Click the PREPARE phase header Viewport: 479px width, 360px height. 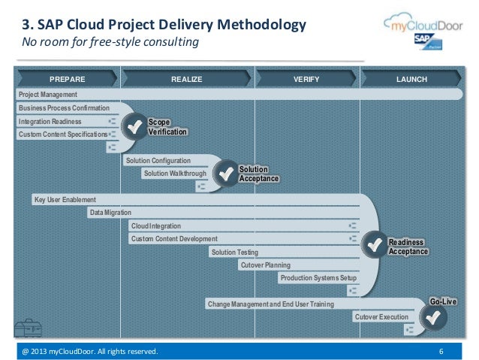click(x=67, y=79)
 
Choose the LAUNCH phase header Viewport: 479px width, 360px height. click(x=412, y=79)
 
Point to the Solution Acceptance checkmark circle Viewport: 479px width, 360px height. click(x=225, y=174)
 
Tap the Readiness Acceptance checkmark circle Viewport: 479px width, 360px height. click(x=374, y=244)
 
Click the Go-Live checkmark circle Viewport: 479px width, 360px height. click(x=432, y=317)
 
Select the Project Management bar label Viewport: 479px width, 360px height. click(x=48, y=95)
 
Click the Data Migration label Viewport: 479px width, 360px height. click(x=110, y=213)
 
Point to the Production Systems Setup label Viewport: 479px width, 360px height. click(x=318, y=278)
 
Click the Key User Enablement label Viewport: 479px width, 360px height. click(x=65, y=200)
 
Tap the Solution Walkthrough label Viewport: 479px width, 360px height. click(x=175, y=174)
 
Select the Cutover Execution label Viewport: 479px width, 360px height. click(x=381, y=317)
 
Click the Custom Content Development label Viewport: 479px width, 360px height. click(x=174, y=239)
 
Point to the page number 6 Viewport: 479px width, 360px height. click(x=441, y=352)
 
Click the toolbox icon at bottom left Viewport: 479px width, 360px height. click(x=27, y=328)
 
